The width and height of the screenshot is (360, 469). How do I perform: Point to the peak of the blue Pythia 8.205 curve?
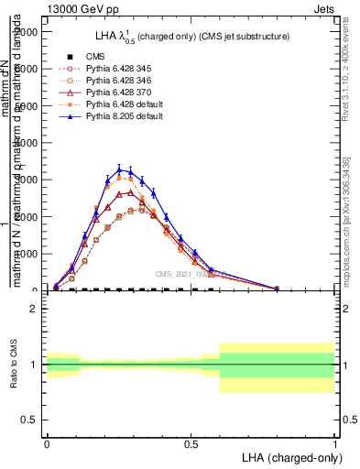point(119,169)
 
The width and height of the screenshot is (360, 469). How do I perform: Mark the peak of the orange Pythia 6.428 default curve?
point(119,178)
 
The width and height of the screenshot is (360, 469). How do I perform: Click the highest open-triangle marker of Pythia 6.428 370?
point(131,192)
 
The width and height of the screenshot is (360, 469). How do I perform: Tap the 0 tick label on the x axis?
point(47,442)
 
